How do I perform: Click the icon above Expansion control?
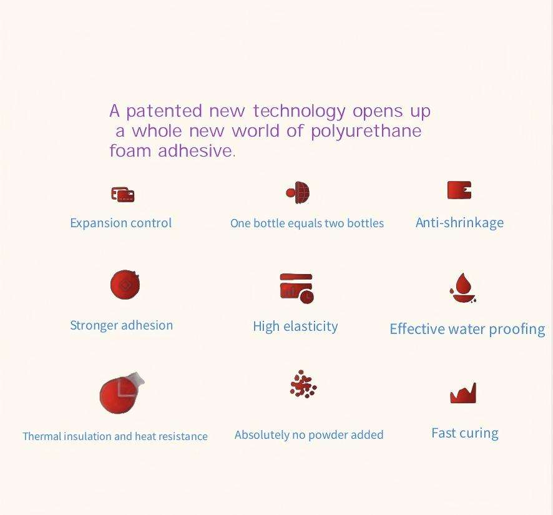click(122, 194)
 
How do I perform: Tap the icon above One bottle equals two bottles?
click(298, 193)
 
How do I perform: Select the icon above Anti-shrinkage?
click(459, 190)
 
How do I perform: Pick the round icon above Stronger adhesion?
click(125, 285)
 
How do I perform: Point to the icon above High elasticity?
click(296, 288)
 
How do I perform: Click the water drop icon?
click(463, 288)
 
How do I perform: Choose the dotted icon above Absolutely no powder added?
click(303, 384)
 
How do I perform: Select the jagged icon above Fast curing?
click(463, 393)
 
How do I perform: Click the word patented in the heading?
click(164, 111)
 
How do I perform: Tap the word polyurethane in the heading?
click(366, 131)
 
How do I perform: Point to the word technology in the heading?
click(299, 112)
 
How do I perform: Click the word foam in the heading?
click(130, 150)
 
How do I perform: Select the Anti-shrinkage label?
click(459, 223)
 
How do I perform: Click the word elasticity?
click(310, 326)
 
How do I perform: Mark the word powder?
click(325, 435)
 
